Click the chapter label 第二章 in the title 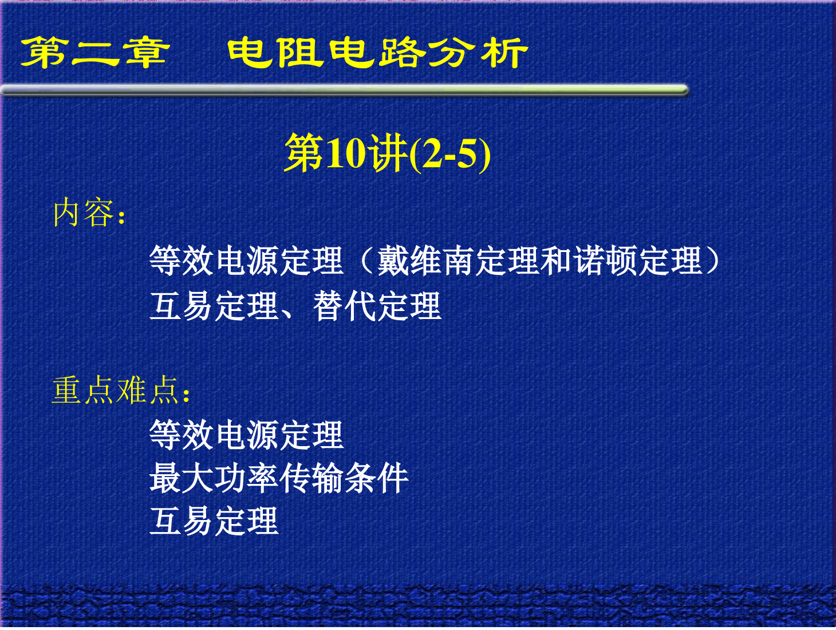[95, 53]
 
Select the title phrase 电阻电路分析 [377, 53]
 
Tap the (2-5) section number [450, 154]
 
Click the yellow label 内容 [84, 212]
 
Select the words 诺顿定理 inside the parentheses [639, 261]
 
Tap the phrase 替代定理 [377, 306]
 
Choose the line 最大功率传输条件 [279, 478]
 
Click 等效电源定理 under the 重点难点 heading [247, 435]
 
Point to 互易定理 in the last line [214, 521]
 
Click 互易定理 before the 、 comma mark [214, 306]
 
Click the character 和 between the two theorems [559, 261]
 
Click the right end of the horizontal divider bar [687, 90]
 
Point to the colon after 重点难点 [186, 395]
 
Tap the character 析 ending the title [504, 53]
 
